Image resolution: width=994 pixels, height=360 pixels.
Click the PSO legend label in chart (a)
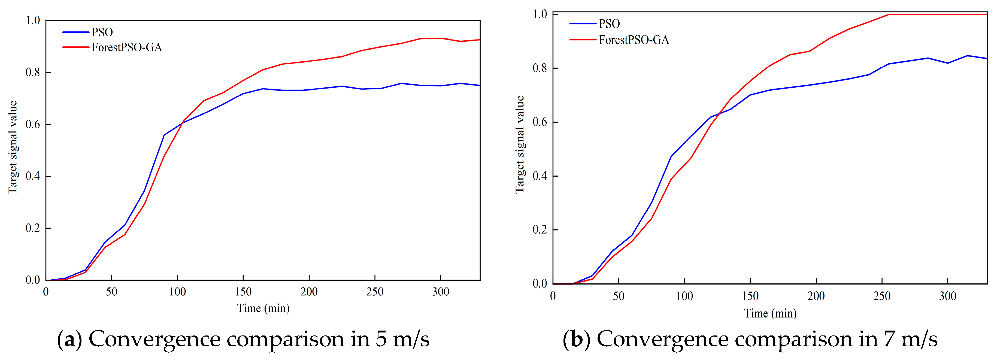pyautogui.click(x=102, y=32)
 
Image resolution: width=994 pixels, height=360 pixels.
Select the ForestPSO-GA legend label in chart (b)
pyautogui.click(x=634, y=40)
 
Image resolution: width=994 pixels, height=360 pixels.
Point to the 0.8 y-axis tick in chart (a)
pyautogui.click(x=33, y=72)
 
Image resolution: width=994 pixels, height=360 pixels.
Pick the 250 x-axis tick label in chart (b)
pyautogui.click(x=882, y=296)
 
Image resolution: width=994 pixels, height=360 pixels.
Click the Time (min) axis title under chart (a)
pyautogui.click(x=263, y=308)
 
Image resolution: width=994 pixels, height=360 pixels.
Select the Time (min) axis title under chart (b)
pyautogui.click(x=770, y=313)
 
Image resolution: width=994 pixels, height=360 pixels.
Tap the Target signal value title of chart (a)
pyautogui.click(x=13, y=147)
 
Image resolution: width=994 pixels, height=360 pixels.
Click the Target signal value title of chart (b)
pyautogui.click(x=520, y=144)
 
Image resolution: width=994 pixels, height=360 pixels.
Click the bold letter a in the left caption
pyautogui.click(x=69, y=340)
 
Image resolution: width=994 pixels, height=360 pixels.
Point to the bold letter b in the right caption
pyautogui.click(x=577, y=340)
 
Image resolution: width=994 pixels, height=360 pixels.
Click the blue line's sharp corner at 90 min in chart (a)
pyautogui.click(x=164, y=135)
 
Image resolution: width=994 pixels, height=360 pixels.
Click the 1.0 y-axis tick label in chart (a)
pyautogui.click(x=33, y=20)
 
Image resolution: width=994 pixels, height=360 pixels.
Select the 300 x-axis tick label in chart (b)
pyautogui.click(x=947, y=296)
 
